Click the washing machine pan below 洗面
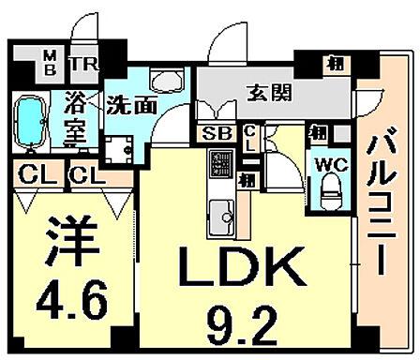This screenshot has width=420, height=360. coord(120,148)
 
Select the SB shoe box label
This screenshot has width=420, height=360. coord(213,133)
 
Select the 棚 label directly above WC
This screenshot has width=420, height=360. coord(321,133)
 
